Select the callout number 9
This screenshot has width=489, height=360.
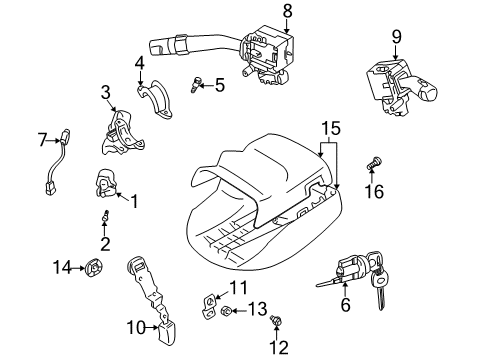coord(396,37)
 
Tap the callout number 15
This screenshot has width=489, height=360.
coord(330,127)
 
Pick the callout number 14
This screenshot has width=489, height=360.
coord(61,266)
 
